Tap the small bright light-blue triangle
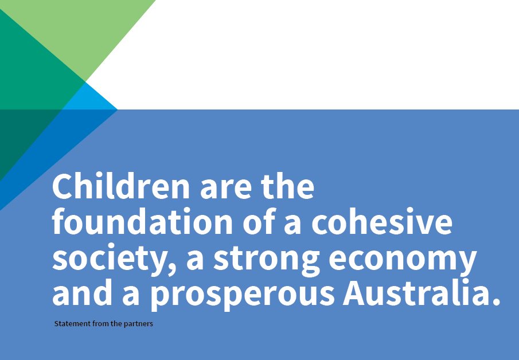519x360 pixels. [x=92, y=99]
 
